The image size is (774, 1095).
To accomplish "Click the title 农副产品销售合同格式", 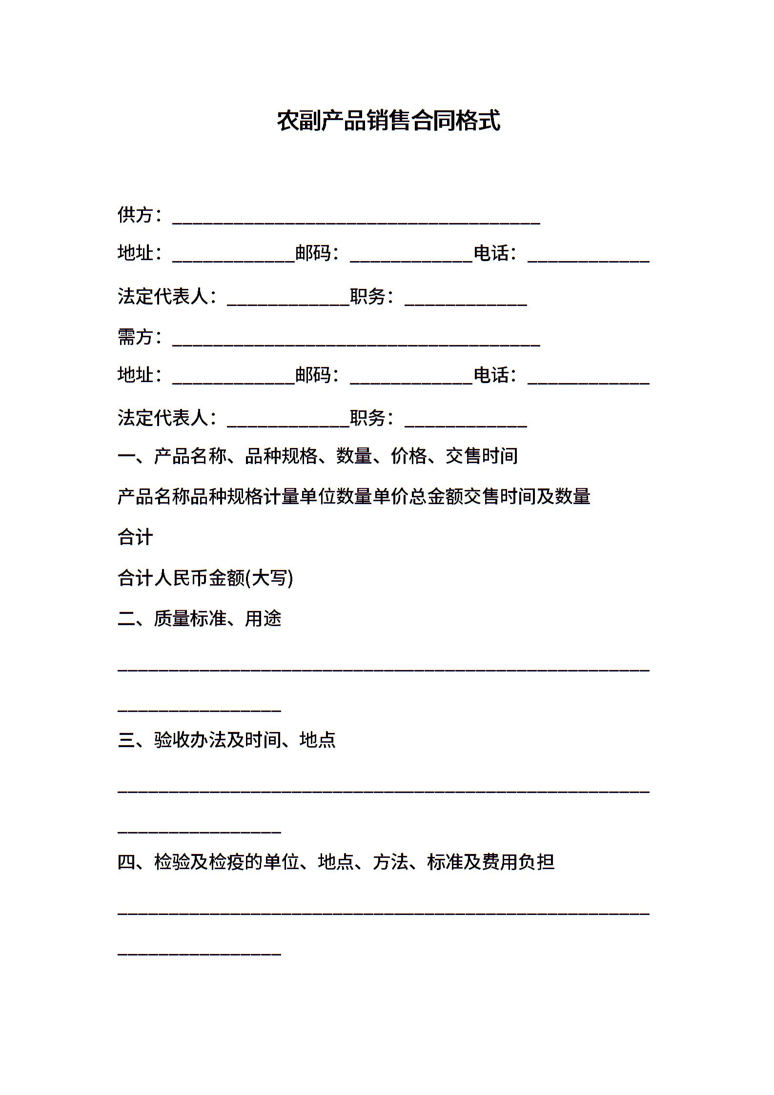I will coord(388,121).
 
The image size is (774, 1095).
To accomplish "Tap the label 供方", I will coord(135,215).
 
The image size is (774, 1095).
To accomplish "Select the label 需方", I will coord(135,337).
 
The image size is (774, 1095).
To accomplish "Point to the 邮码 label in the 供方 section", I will coord(313,253).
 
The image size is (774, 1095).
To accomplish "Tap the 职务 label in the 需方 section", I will coord(368,418).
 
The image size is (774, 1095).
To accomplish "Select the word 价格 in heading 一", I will coord(408,456).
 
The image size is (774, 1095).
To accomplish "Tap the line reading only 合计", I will coord(135,537).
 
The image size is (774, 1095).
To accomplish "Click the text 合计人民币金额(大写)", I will coord(205,578).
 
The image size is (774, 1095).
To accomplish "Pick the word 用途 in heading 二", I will coord(264,618).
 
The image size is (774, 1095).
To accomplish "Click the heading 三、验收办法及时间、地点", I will coord(226,740).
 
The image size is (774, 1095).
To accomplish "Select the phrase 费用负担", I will coord(518,862).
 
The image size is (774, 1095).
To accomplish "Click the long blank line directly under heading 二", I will coord(384,669).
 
